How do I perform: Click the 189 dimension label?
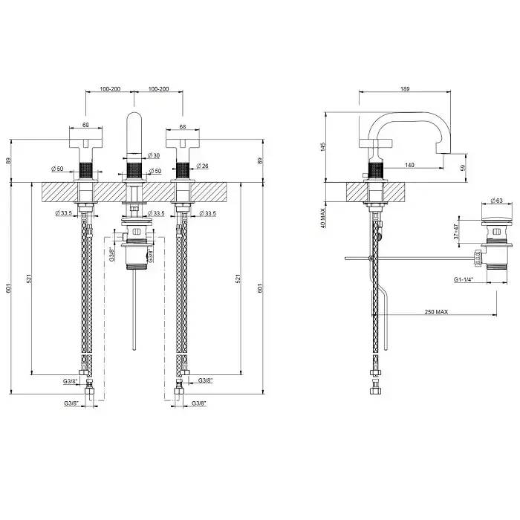coord(405,89)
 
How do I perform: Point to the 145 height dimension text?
coord(323,147)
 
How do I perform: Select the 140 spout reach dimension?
coord(409,165)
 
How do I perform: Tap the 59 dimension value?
coord(464,167)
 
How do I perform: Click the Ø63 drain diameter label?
coord(496,201)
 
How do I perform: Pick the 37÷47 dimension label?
coord(456,232)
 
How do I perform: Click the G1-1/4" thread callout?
coord(464,279)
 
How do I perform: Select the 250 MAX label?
coord(436,312)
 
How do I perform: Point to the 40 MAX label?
coord(323,218)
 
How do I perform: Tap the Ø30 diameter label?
coord(154,155)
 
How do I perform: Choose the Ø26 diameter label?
coord(202,166)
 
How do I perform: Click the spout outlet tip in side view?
coord(443,153)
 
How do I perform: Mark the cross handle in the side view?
coord(377,143)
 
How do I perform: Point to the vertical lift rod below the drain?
coord(134,309)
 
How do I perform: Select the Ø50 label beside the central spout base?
coord(155,171)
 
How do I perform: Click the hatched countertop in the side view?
coord(375,192)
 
